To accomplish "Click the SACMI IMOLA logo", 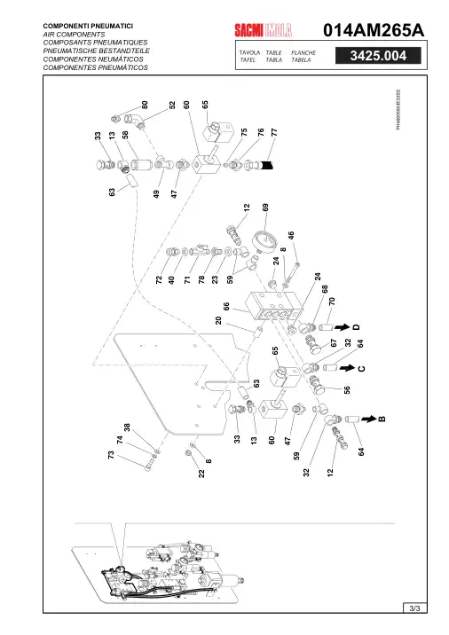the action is pos(263,30).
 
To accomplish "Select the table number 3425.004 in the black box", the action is pos(378,56).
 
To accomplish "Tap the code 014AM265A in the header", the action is pos(374,30).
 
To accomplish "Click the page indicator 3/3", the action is pos(414,608).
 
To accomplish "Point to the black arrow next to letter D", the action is pos(342,327).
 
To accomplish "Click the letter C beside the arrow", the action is pos(361,368).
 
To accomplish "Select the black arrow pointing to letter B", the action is pos(369,419).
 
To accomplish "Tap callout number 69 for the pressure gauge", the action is pos(265,208).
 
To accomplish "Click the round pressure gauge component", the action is pos(264,241).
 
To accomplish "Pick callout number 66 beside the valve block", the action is pos(226,306).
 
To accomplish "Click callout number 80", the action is pos(145,105).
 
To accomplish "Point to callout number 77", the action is pos(274,132).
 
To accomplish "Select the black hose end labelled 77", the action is pos(267,165).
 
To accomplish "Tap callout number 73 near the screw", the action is pos(111,455).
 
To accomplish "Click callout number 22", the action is pos(201,473).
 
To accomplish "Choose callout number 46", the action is pos(290,236).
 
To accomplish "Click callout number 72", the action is pos(159,279).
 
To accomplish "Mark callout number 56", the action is pos(347,390).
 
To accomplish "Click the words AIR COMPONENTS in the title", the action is pos(74,35).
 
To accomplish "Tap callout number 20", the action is pos(218,320).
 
